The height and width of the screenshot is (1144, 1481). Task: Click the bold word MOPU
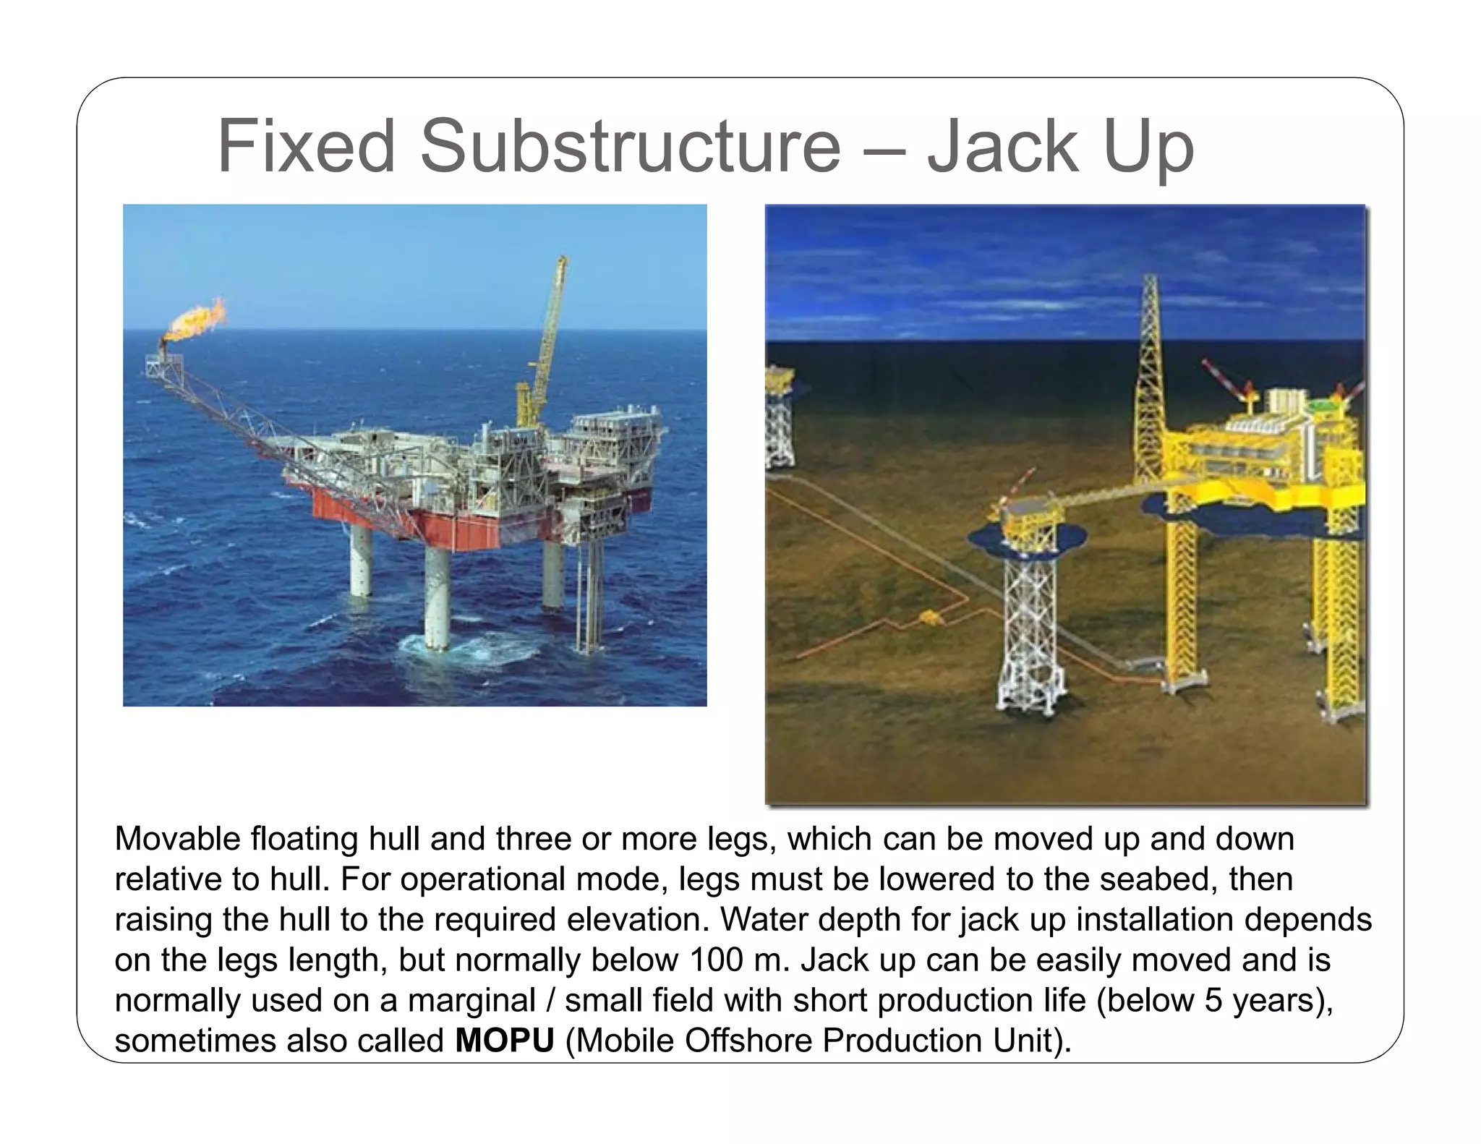pos(504,1041)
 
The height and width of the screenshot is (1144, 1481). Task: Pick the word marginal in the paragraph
pos(471,1001)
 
